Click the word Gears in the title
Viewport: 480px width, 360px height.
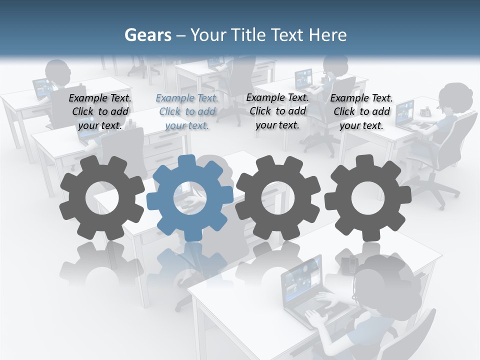[147, 35]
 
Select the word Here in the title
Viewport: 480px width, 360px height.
[328, 35]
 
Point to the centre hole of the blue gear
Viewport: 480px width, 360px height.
[190, 198]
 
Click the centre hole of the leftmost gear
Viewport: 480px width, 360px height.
[102, 198]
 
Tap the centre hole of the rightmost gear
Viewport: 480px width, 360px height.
[367, 198]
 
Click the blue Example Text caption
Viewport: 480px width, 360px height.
[187, 111]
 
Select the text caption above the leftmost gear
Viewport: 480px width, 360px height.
[99, 111]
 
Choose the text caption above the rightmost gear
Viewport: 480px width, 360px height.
[361, 111]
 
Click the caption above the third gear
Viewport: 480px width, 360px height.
[277, 111]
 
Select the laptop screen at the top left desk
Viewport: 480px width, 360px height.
[41, 88]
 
